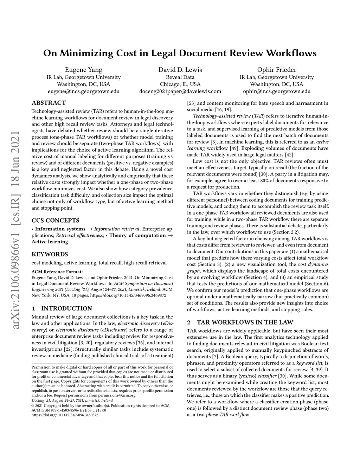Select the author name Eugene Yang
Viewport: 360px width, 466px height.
84,70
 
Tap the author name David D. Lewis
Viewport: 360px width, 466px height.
180,70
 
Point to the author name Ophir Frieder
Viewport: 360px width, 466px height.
277,70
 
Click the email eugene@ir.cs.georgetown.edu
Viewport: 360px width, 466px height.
84,91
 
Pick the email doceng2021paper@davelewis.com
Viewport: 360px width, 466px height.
180,91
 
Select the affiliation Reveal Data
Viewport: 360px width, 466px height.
180,77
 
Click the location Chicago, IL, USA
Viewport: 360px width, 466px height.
180,84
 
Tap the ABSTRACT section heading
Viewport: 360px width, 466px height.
49,103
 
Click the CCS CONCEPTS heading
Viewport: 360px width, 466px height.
56,221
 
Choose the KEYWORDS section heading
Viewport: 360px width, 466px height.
50,254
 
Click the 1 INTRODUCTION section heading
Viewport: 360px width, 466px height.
62,308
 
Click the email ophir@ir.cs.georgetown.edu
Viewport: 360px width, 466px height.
277,91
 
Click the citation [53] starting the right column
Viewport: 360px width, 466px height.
192,103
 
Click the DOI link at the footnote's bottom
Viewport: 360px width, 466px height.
65,415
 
